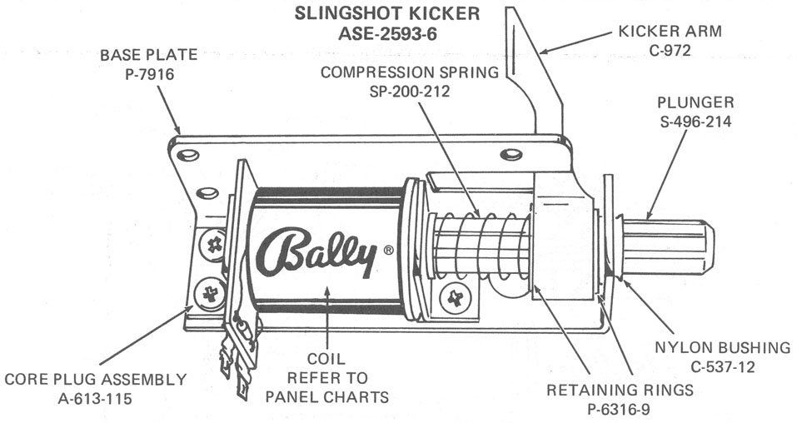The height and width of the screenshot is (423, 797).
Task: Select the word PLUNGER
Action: tap(695, 103)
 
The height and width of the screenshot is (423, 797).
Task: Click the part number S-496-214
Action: tap(695, 122)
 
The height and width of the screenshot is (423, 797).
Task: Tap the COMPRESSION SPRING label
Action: tap(410, 72)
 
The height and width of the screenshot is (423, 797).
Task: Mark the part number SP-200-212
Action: tap(410, 91)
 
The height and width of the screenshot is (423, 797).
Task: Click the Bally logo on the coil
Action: tap(317, 251)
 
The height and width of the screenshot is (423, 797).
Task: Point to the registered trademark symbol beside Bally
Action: tap(388, 249)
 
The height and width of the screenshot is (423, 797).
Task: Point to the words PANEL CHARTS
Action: tap(327, 396)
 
